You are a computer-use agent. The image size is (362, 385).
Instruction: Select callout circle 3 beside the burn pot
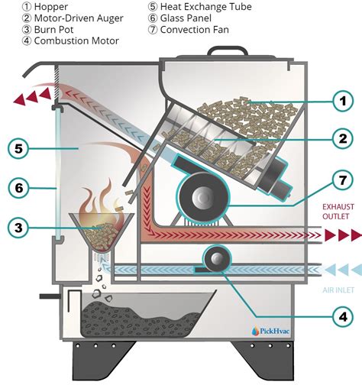(19, 227)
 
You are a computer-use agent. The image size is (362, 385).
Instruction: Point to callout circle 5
(19, 148)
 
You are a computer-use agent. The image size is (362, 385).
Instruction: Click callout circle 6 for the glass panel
(19, 186)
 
